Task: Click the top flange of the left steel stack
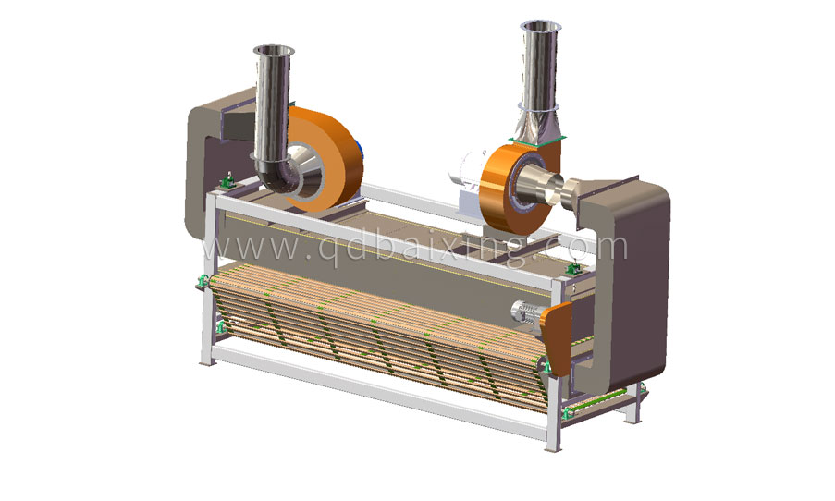pos(274,50)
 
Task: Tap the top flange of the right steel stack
pos(541,26)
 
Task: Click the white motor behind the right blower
pos(472,176)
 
